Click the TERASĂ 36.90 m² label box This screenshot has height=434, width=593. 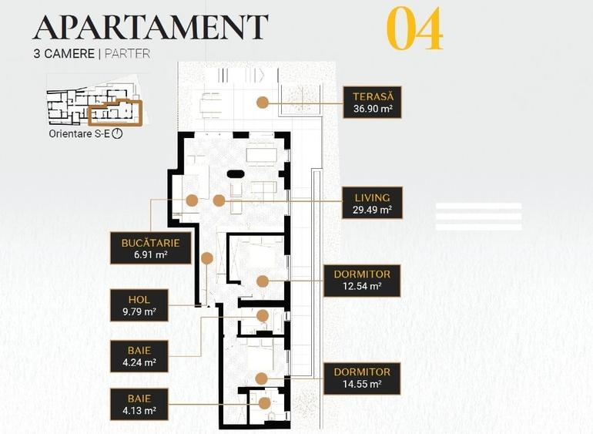point(372,103)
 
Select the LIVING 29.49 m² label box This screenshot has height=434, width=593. point(372,203)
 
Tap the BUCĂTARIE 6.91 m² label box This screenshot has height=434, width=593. point(150,248)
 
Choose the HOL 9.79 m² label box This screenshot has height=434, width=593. point(139,305)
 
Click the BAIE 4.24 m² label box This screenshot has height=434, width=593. point(139,356)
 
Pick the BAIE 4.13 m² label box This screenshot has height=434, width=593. point(139,404)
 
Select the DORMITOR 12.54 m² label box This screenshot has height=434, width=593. point(362,281)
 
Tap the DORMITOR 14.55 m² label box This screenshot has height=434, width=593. point(362,378)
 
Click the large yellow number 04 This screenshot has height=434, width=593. point(415,29)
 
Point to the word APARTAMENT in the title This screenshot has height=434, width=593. point(150,27)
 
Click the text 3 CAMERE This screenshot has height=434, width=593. point(64,54)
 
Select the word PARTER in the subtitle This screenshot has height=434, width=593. point(127,54)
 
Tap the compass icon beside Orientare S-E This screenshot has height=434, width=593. point(118,133)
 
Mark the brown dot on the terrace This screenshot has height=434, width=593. point(263,103)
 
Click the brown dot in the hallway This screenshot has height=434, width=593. point(207,258)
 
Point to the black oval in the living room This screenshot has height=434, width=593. point(236,173)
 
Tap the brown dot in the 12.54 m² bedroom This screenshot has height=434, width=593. point(263,281)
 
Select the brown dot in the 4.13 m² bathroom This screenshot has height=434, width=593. point(264,403)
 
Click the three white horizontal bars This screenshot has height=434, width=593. point(478,217)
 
